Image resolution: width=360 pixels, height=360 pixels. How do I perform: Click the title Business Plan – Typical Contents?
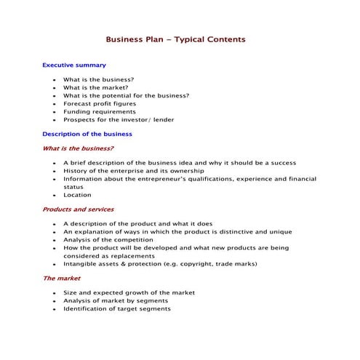(x=175, y=39)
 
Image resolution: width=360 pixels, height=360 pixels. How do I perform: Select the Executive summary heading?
(x=74, y=65)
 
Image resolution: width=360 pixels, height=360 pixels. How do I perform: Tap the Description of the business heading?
(x=87, y=135)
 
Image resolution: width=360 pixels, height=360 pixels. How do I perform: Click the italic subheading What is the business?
(x=78, y=148)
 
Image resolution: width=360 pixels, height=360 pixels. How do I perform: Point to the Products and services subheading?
(x=78, y=209)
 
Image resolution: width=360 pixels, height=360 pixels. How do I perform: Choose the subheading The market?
(x=61, y=278)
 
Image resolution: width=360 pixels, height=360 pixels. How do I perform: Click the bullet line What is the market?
(x=95, y=87)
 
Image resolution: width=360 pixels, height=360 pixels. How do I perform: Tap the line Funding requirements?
(x=99, y=112)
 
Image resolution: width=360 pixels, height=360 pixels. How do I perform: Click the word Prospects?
(x=79, y=120)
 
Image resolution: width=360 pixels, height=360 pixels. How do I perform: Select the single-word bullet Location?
(x=77, y=195)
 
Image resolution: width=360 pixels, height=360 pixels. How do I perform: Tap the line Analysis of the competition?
(x=108, y=239)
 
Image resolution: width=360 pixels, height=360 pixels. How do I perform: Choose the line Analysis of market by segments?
(x=115, y=300)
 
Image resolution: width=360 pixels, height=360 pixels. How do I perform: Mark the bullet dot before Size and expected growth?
(x=54, y=292)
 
